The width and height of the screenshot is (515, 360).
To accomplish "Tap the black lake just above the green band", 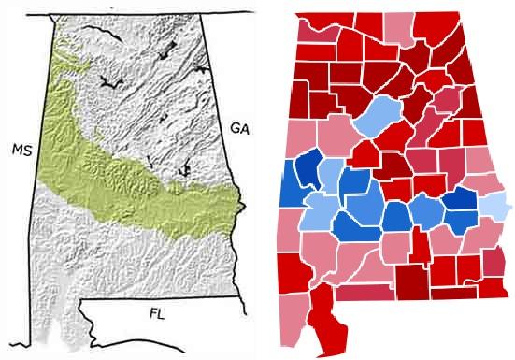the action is click(x=184, y=169).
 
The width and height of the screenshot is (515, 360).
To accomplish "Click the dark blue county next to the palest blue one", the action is click(x=462, y=201).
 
